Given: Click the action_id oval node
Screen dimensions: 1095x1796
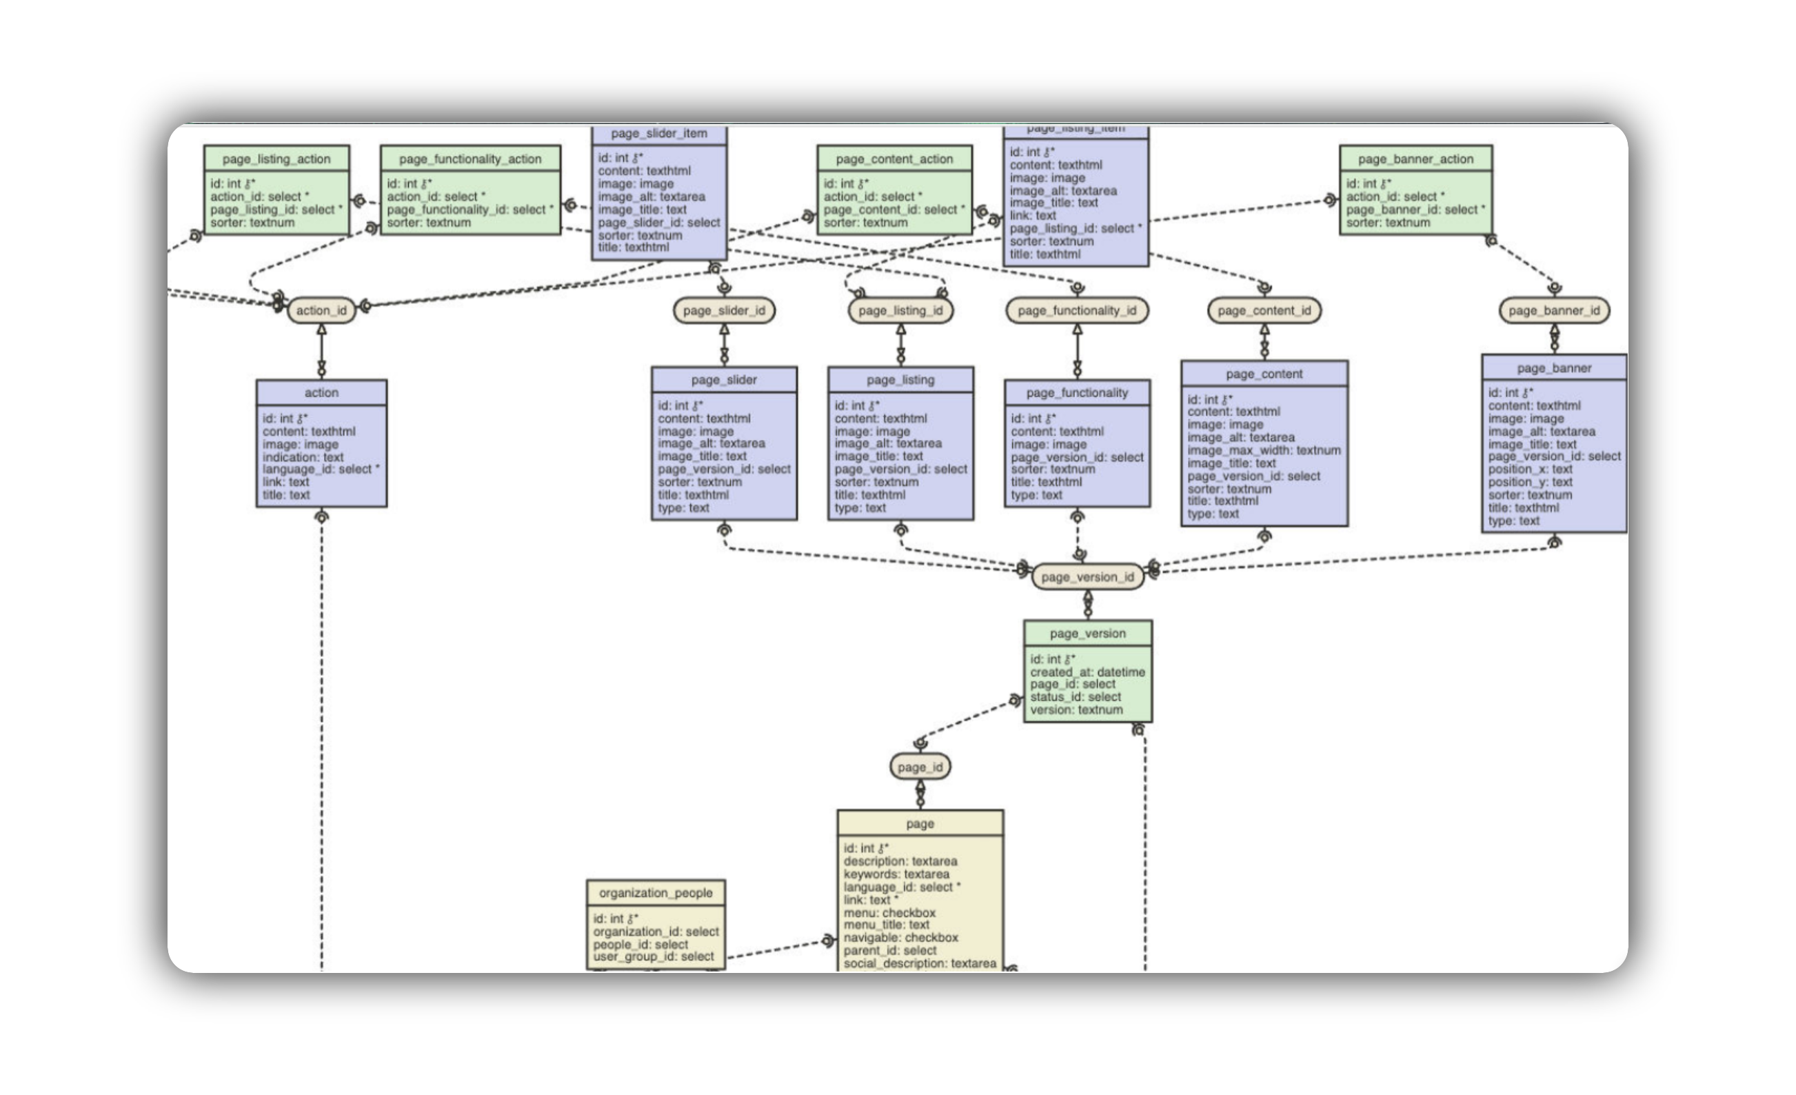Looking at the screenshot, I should coord(321,310).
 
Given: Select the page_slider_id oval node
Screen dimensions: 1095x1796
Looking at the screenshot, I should coord(724,310).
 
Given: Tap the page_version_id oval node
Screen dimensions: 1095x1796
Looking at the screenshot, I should coord(1087,576).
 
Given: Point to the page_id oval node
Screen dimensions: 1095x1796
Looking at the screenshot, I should coord(920,767).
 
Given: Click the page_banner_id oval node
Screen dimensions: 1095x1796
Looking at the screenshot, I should coord(1554,310).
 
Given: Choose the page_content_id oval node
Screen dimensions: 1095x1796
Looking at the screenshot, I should coord(1264,310).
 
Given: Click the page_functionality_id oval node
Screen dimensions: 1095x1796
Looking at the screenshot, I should coord(1077,310).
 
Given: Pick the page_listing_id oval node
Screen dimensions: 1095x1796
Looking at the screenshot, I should coord(900,310).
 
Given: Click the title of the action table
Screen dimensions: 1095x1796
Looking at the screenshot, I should coord(321,392).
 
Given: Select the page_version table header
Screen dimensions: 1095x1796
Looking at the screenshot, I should coord(1087,633).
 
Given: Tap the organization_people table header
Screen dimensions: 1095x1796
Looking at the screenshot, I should coord(655,892).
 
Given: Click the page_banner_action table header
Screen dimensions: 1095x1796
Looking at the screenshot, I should coord(1415,159).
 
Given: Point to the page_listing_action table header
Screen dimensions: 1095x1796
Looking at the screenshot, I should coord(276,159).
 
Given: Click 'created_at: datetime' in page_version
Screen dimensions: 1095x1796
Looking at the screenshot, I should coord(1087,672).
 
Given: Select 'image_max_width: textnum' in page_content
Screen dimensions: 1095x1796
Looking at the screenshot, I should coord(1263,450).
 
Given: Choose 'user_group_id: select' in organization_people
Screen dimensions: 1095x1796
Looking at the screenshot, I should coord(653,956).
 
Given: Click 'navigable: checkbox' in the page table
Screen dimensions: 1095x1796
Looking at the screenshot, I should coord(900,938).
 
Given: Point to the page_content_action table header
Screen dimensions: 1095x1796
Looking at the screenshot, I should coord(894,159).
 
